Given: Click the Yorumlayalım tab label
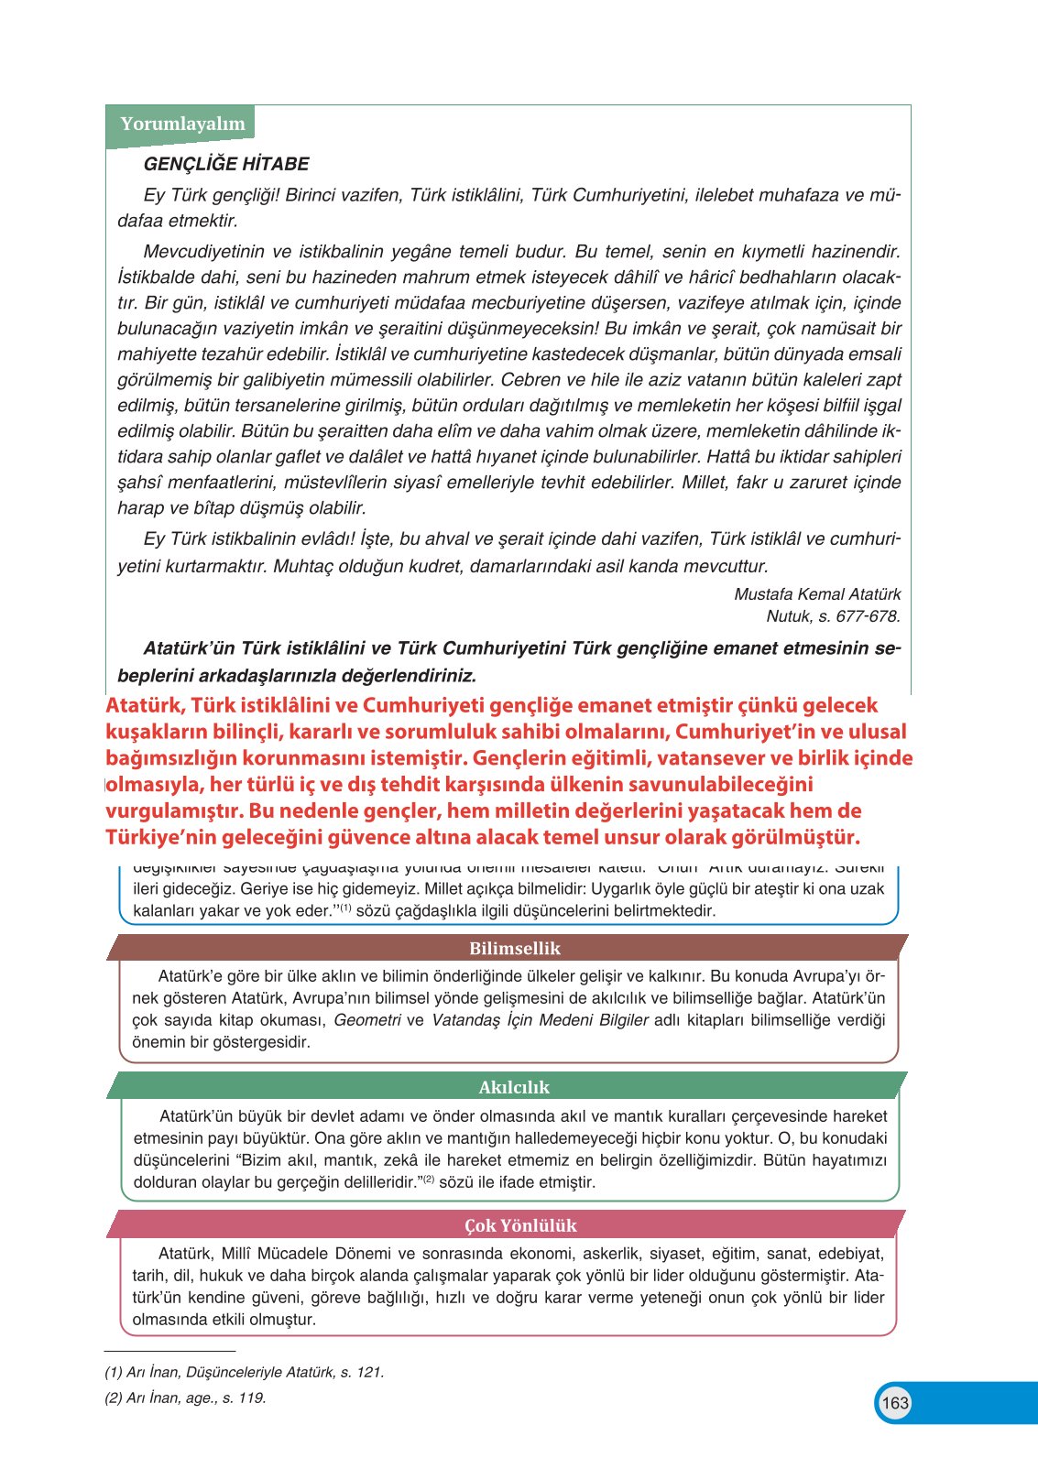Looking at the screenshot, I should [182, 124].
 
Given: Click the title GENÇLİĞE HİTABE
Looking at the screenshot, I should [226, 164].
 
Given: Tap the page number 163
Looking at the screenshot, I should [895, 1402].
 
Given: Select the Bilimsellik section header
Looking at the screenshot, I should [514, 948].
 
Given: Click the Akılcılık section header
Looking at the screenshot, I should [514, 1087].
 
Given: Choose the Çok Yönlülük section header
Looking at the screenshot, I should [520, 1225].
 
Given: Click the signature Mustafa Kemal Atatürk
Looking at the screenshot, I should [817, 594].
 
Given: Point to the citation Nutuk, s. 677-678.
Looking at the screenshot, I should [833, 616].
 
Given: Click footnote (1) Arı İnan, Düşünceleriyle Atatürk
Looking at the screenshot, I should [245, 1372].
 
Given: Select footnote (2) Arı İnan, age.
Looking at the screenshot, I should [186, 1397].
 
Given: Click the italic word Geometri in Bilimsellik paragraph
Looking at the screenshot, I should [367, 1020].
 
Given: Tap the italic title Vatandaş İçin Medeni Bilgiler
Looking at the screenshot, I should [540, 1020].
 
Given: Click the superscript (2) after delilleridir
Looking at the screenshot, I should [428, 1180].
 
